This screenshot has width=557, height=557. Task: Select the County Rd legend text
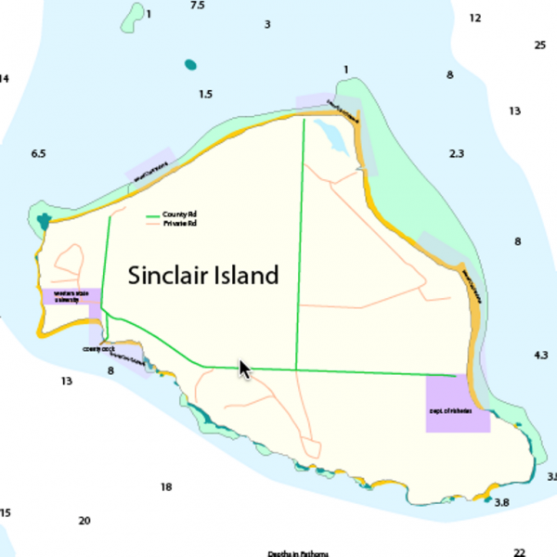point(179,215)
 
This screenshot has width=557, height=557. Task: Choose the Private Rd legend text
point(180,225)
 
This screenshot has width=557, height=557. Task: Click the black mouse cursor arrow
point(244,369)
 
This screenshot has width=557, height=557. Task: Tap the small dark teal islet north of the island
point(190,65)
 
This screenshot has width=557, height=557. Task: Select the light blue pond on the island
point(331,137)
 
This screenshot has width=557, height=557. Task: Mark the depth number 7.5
point(197,6)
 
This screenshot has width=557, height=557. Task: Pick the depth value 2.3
point(456,153)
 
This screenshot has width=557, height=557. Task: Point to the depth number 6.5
point(38,153)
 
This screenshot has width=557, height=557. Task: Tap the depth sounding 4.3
point(541,356)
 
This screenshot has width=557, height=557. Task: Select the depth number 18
point(166,487)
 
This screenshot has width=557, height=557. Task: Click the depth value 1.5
point(205,95)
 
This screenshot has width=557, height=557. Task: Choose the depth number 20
point(84,521)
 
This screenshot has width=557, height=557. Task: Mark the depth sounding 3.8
point(502,502)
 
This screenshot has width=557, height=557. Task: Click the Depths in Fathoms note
point(298,553)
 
